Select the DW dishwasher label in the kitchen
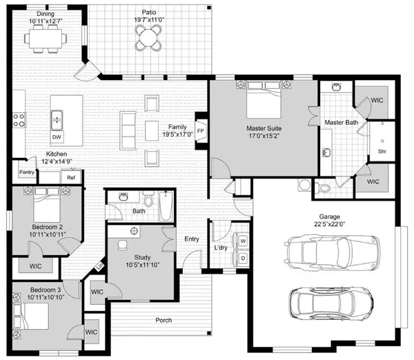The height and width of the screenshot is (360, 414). (57, 137)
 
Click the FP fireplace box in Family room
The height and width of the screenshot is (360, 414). (201, 130)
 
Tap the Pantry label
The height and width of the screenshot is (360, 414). (27, 172)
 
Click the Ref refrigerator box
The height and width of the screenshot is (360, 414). (70, 177)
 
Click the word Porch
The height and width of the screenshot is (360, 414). (164, 320)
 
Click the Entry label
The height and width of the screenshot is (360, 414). (192, 239)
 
